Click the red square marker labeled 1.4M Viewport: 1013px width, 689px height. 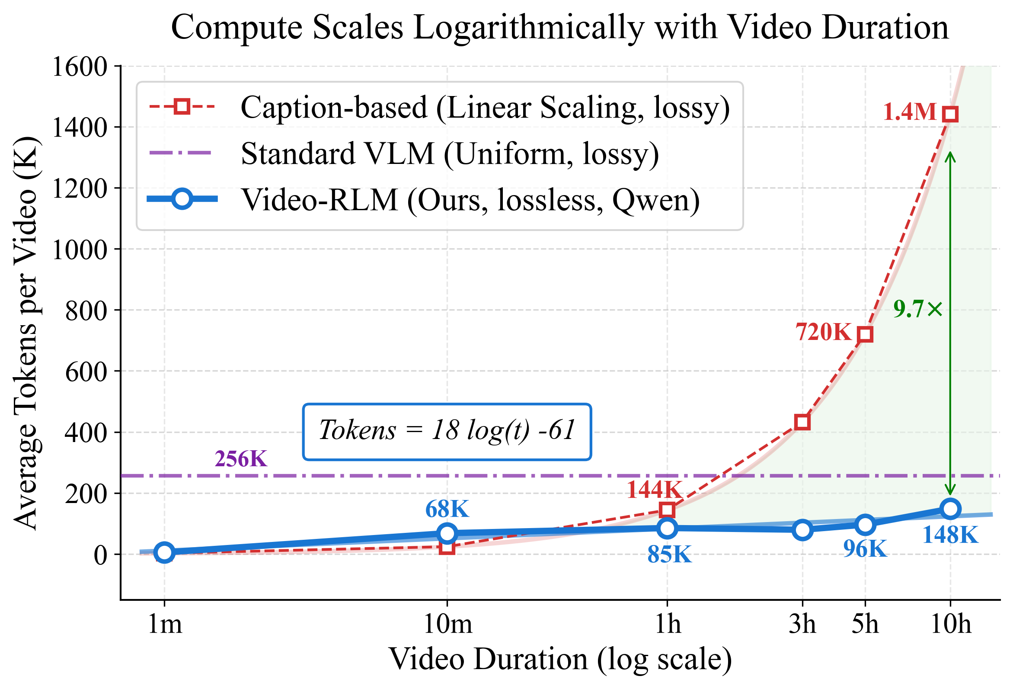point(950,115)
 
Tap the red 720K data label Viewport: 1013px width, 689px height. point(823,332)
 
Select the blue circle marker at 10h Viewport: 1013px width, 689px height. point(950,509)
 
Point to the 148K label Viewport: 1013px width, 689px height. point(950,535)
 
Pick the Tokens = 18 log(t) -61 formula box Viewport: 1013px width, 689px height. point(447,432)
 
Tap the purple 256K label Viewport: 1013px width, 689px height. point(241,459)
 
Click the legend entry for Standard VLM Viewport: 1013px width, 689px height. point(449,154)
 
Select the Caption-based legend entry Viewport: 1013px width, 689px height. point(484,107)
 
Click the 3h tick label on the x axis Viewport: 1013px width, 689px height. point(802,625)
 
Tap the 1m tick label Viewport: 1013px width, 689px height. point(164,625)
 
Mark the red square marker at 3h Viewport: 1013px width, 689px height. point(802,422)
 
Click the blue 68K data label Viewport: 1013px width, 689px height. point(447,509)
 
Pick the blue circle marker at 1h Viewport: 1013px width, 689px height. point(667,528)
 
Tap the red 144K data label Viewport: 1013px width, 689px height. point(654,490)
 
